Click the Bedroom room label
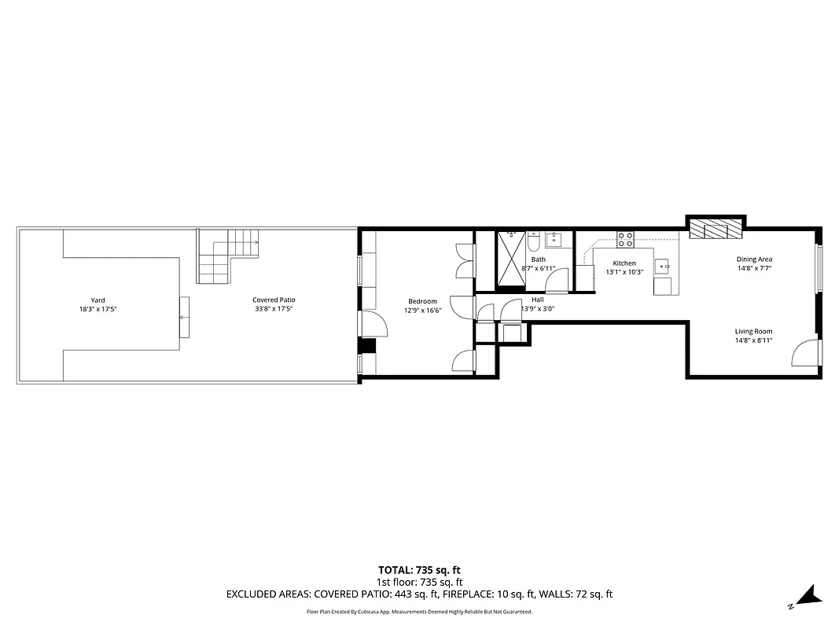click(x=422, y=301)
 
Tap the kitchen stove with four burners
click(x=625, y=239)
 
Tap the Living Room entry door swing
click(x=804, y=353)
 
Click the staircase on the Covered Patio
click(x=223, y=256)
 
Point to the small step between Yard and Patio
click(x=184, y=317)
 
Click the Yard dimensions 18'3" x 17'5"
click(x=98, y=309)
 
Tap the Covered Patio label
click(x=274, y=300)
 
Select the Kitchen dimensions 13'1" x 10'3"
click(x=624, y=272)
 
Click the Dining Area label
click(x=754, y=259)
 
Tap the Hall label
click(x=538, y=300)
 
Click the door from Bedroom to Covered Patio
click(x=370, y=323)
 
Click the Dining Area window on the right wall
click(x=819, y=269)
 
